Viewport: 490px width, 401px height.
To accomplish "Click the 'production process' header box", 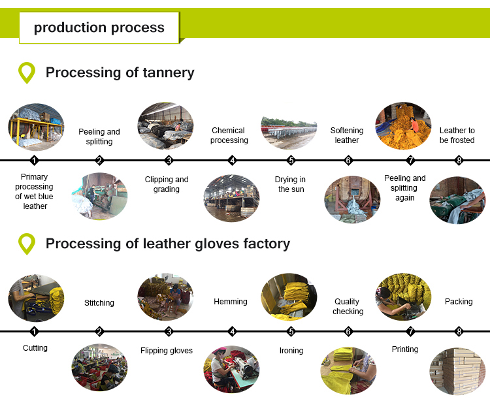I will (x=99, y=27).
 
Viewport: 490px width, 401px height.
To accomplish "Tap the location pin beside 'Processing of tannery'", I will (x=26, y=72).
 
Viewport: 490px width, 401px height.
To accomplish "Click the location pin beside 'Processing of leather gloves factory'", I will (x=26, y=244).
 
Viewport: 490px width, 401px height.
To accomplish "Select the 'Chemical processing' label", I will (x=229, y=135).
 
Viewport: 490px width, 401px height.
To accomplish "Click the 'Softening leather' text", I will (x=347, y=135).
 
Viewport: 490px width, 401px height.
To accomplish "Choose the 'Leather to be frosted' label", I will (x=457, y=135).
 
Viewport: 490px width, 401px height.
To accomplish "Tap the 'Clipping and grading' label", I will (x=167, y=184).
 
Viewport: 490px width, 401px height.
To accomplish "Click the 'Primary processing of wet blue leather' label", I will (x=35, y=191).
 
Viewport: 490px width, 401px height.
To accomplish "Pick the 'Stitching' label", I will (x=99, y=302).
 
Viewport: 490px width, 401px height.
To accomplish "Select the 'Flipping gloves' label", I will (x=167, y=351).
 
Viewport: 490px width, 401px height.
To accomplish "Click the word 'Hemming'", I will (x=231, y=302).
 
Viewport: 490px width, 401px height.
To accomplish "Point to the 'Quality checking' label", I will (x=347, y=306).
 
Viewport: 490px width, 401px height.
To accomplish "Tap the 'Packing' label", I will (x=459, y=302).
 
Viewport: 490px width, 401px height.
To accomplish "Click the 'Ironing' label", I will (x=291, y=351).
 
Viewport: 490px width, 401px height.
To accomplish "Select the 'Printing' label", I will (x=405, y=349).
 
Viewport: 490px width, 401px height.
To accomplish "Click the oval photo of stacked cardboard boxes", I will (x=457, y=370).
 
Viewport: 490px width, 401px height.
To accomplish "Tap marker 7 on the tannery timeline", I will (x=410, y=161).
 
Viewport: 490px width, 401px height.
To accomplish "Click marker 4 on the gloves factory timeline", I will (x=233, y=332).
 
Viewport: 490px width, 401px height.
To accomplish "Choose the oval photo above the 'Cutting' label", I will (x=36, y=298).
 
